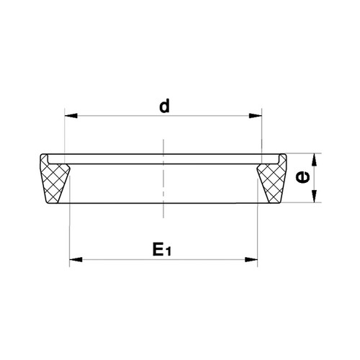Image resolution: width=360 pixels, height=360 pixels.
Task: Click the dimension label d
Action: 164,107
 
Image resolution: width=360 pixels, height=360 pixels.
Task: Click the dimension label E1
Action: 162,249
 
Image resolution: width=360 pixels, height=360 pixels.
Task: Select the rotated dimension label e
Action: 302,177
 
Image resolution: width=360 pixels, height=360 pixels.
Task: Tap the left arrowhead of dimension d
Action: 71,116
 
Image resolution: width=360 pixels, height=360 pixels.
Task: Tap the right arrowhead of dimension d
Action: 256,116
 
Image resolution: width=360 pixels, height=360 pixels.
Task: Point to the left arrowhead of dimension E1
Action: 76,259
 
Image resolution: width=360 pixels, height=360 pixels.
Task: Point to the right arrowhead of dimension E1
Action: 251,259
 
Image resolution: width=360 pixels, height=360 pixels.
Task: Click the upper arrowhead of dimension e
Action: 314,160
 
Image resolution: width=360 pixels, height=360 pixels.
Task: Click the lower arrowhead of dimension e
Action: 314,197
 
